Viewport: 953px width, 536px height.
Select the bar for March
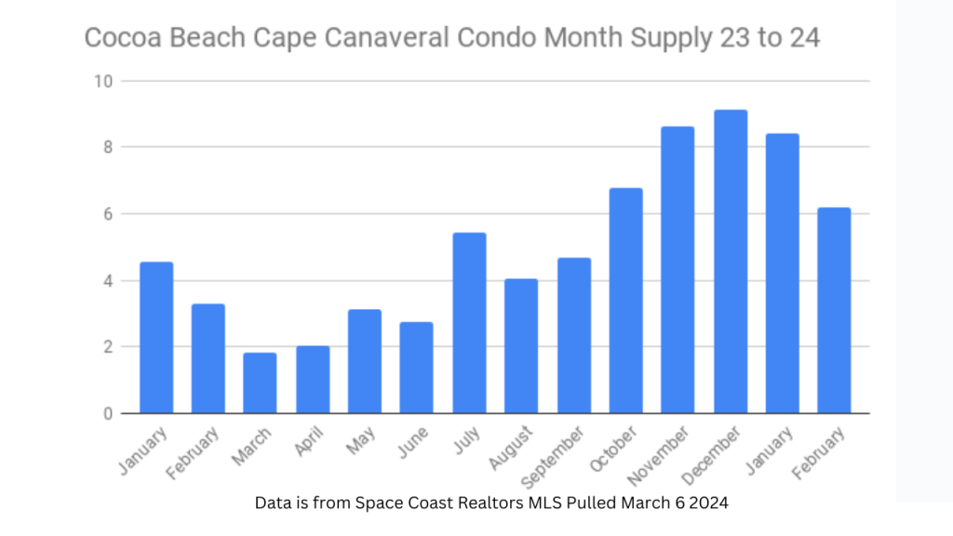pyautogui.click(x=260, y=383)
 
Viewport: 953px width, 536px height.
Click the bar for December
pyautogui.click(x=731, y=261)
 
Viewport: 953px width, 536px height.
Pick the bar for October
pyautogui.click(x=626, y=301)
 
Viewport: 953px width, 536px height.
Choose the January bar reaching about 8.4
pyautogui.click(x=783, y=274)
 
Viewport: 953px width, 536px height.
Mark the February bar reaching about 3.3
pyautogui.click(x=208, y=358)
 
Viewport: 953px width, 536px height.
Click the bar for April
pyautogui.click(x=313, y=380)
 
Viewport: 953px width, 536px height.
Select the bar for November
pyautogui.click(x=678, y=270)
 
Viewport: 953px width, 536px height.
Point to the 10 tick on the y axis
pyautogui.click(x=102, y=81)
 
